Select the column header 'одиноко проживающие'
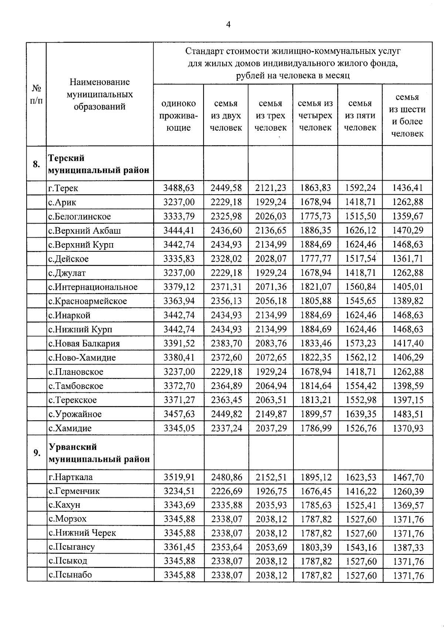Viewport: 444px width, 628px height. [x=178, y=115]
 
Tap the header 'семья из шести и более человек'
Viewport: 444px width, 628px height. [x=407, y=115]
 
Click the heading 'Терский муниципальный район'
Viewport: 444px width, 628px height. [x=99, y=164]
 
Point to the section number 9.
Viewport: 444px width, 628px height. [x=37, y=453]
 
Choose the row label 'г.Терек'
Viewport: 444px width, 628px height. [x=63, y=188]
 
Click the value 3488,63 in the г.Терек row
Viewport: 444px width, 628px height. [x=179, y=188]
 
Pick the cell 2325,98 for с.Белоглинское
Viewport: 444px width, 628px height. [x=226, y=216]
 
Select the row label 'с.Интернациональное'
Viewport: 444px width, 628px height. [x=93, y=287]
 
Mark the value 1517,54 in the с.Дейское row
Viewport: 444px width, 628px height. [x=360, y=258]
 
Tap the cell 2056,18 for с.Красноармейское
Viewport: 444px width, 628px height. [x=271, y=301]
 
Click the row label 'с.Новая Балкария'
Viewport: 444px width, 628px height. [x=84, y=343]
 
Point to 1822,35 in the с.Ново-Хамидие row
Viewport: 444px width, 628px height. [x=316, y=357]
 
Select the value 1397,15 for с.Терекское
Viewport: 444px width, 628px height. [x=408, y=400]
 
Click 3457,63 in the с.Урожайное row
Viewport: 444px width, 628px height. [x=179, y=414]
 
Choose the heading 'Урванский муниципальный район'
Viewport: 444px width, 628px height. [x=99, y=453]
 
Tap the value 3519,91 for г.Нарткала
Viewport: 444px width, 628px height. [x=179, y=477]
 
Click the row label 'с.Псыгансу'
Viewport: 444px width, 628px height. [x=72, y=547]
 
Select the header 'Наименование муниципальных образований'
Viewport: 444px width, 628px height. [x=100, y=94]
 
